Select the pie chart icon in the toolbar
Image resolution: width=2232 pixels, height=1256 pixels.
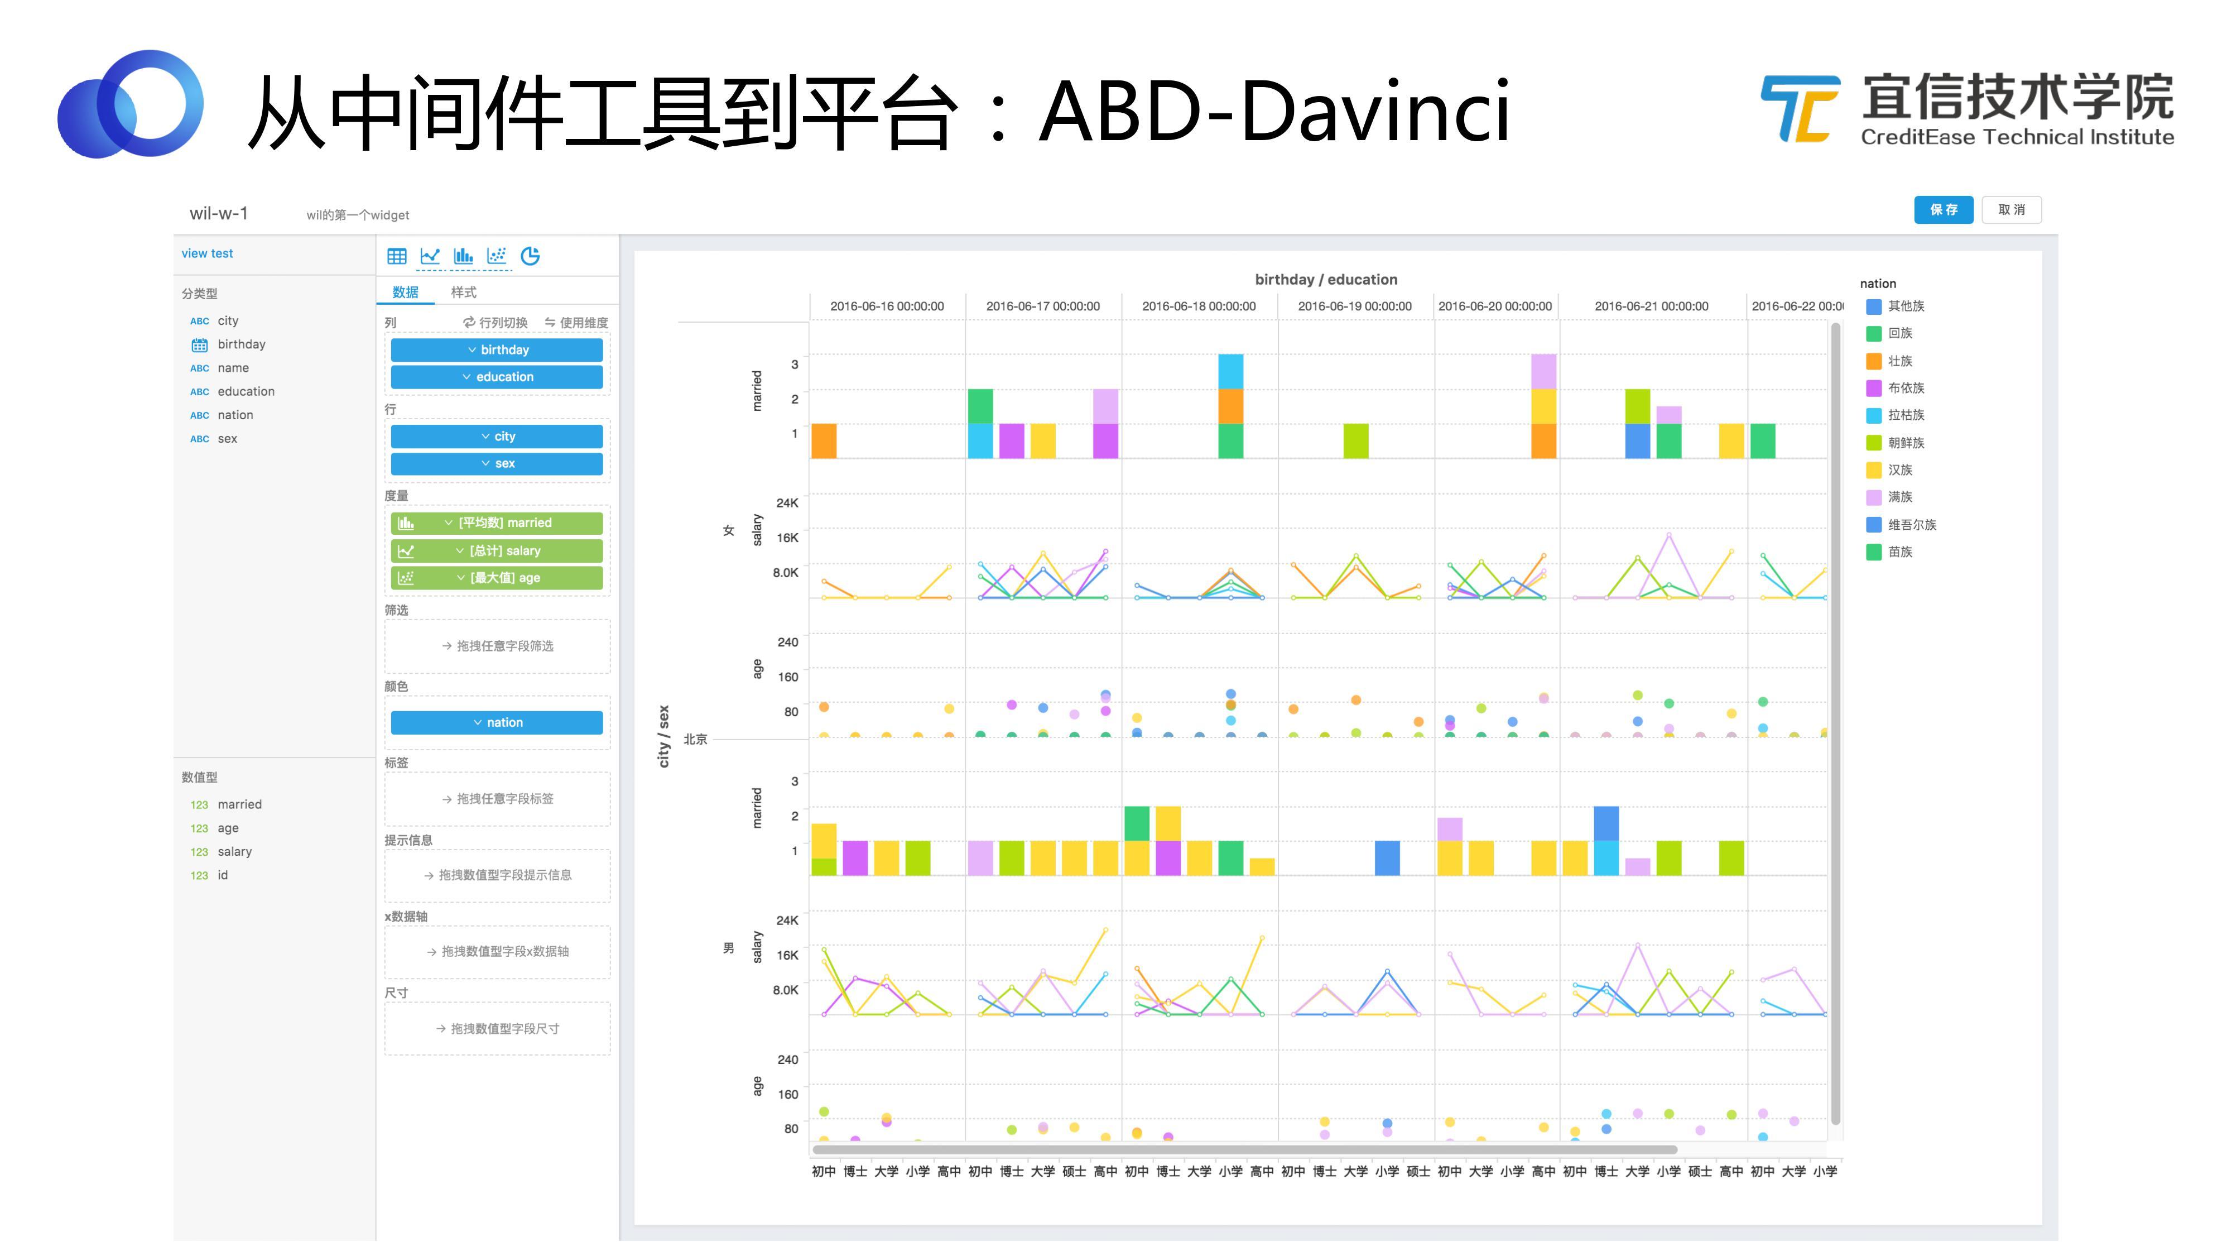coord(530,256)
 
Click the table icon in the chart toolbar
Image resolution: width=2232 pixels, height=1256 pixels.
coord(397,256)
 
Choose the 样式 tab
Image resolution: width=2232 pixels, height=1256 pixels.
coord(464,292)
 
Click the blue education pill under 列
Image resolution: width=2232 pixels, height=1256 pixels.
coord(497,377)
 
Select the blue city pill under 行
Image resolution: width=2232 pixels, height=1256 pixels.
coord(497,436)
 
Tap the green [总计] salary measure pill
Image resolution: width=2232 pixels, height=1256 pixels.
coord(497,550)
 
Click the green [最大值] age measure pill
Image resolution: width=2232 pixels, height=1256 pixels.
coord(497,577)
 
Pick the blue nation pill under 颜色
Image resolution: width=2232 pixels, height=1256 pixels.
coord(497,722)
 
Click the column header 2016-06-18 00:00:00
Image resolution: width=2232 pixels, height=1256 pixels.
coord(1199,306)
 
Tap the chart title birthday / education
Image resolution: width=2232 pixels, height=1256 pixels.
coord(1326,279)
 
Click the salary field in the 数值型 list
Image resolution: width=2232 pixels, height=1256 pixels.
coord(234,851)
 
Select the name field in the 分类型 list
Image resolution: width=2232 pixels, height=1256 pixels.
coord(233,367)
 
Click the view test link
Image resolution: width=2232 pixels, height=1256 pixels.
coord(207,253)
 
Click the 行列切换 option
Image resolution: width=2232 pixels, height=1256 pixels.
coord(496,323)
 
